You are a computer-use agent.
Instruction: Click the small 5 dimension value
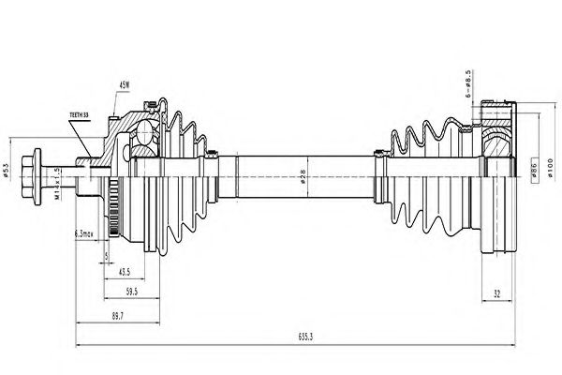coord(107,254)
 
